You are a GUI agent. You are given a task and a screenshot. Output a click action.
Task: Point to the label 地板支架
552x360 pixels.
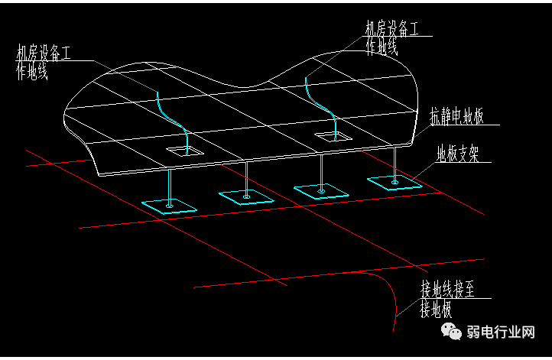[x=457, y=155]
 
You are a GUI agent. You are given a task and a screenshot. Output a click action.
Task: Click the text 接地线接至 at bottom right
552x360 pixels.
[x=447, y=290]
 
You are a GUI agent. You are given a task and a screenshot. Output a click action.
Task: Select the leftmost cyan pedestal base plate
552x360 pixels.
[x=170, y=205]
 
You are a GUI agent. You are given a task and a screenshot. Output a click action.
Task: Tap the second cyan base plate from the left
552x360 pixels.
[x=246, y=196]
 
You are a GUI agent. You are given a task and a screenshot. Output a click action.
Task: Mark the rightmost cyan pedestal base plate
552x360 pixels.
[x=394, y=182]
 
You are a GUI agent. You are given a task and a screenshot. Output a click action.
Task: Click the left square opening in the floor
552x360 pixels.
[x=186, y=151]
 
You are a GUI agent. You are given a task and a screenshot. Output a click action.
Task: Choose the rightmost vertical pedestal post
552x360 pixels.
[x=394, y=164]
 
